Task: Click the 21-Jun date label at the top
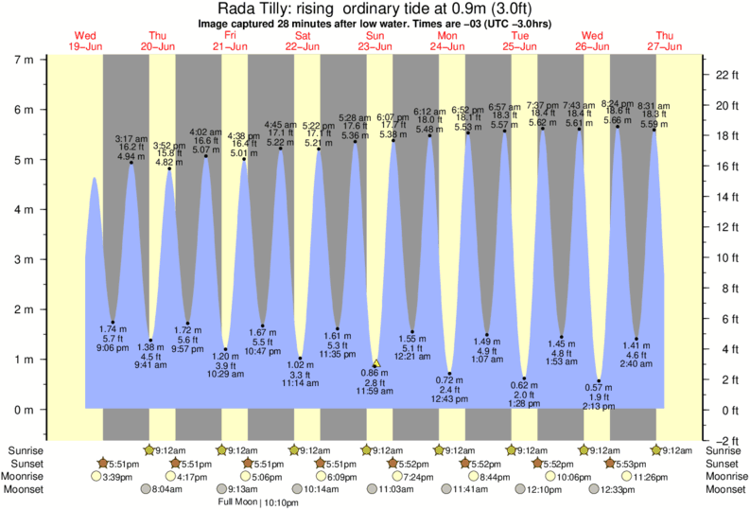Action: coord(230,45)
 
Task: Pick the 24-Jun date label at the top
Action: coord(447,45)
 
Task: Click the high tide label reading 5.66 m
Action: coord(616,120)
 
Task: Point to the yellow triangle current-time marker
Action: coord(375,362)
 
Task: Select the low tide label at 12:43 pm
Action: coord(448,397)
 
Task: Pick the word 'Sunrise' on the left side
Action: coord(24,450)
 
